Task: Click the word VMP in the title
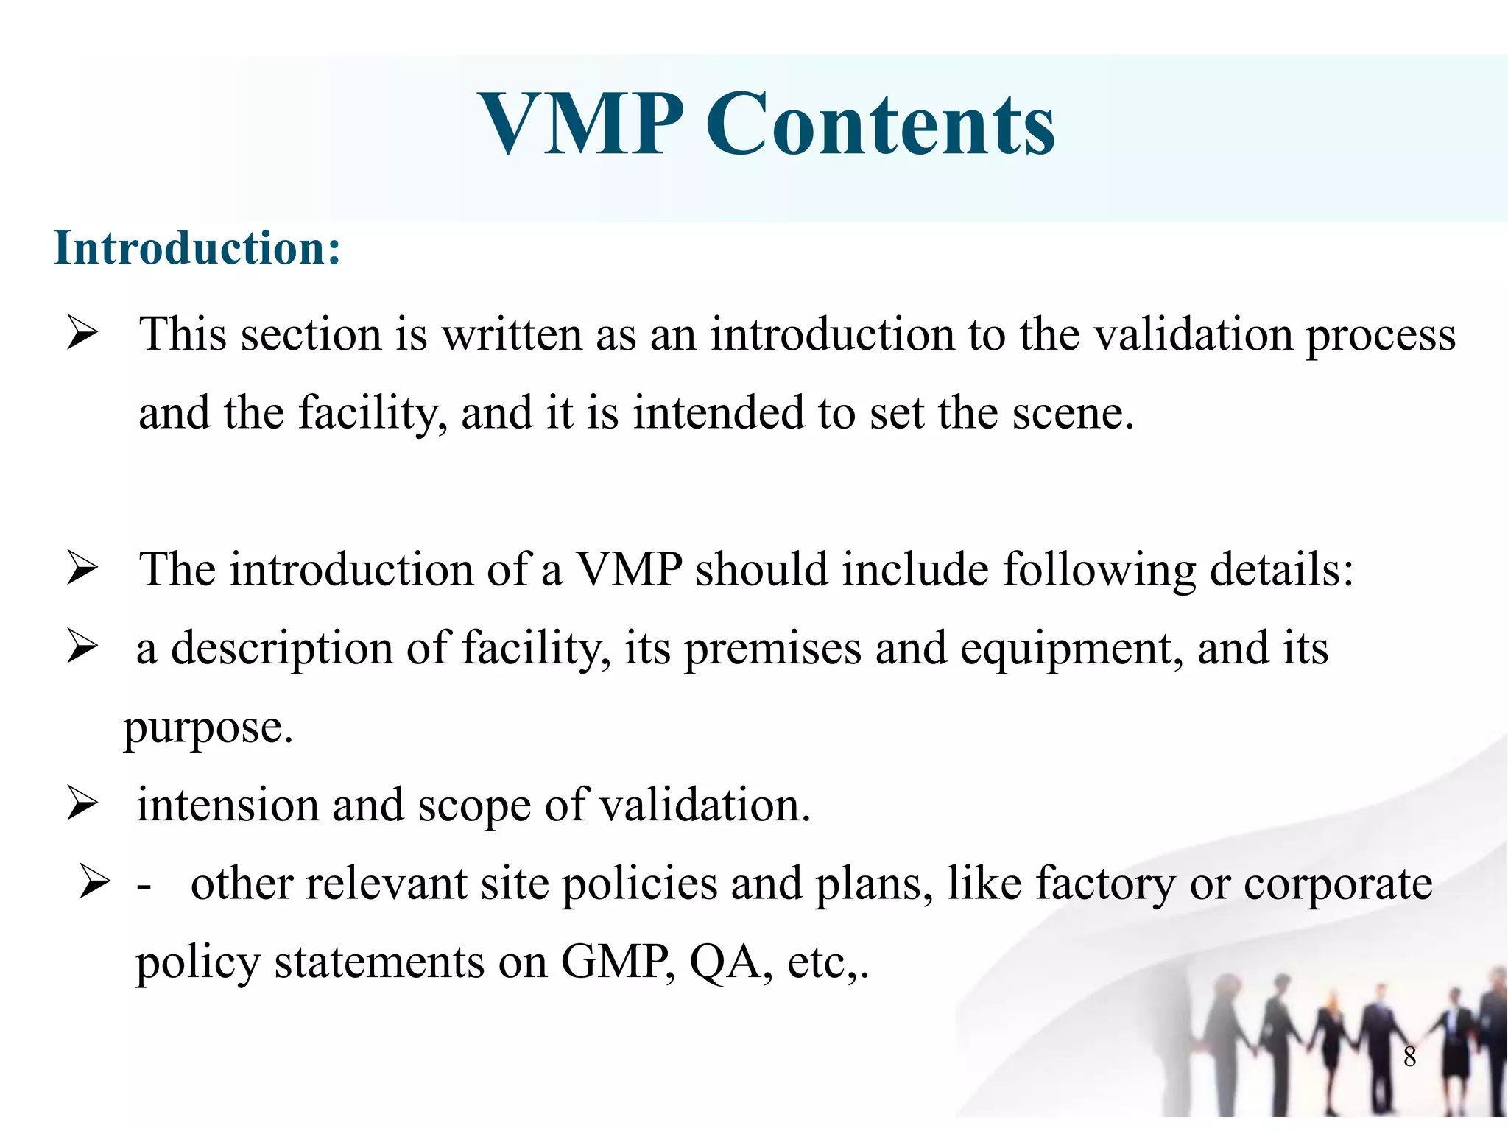(581, 124)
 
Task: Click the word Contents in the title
(881, 124)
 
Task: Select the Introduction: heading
(197, 248)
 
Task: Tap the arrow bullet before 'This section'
(82, 333)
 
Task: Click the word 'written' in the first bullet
(512, 334)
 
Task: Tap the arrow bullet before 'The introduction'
(82, 569)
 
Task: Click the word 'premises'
(772, 649)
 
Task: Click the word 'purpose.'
(208, 729)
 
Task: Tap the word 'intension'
(228, 805)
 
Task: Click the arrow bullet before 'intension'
(82, 803)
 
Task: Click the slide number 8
(1409, 1057)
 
